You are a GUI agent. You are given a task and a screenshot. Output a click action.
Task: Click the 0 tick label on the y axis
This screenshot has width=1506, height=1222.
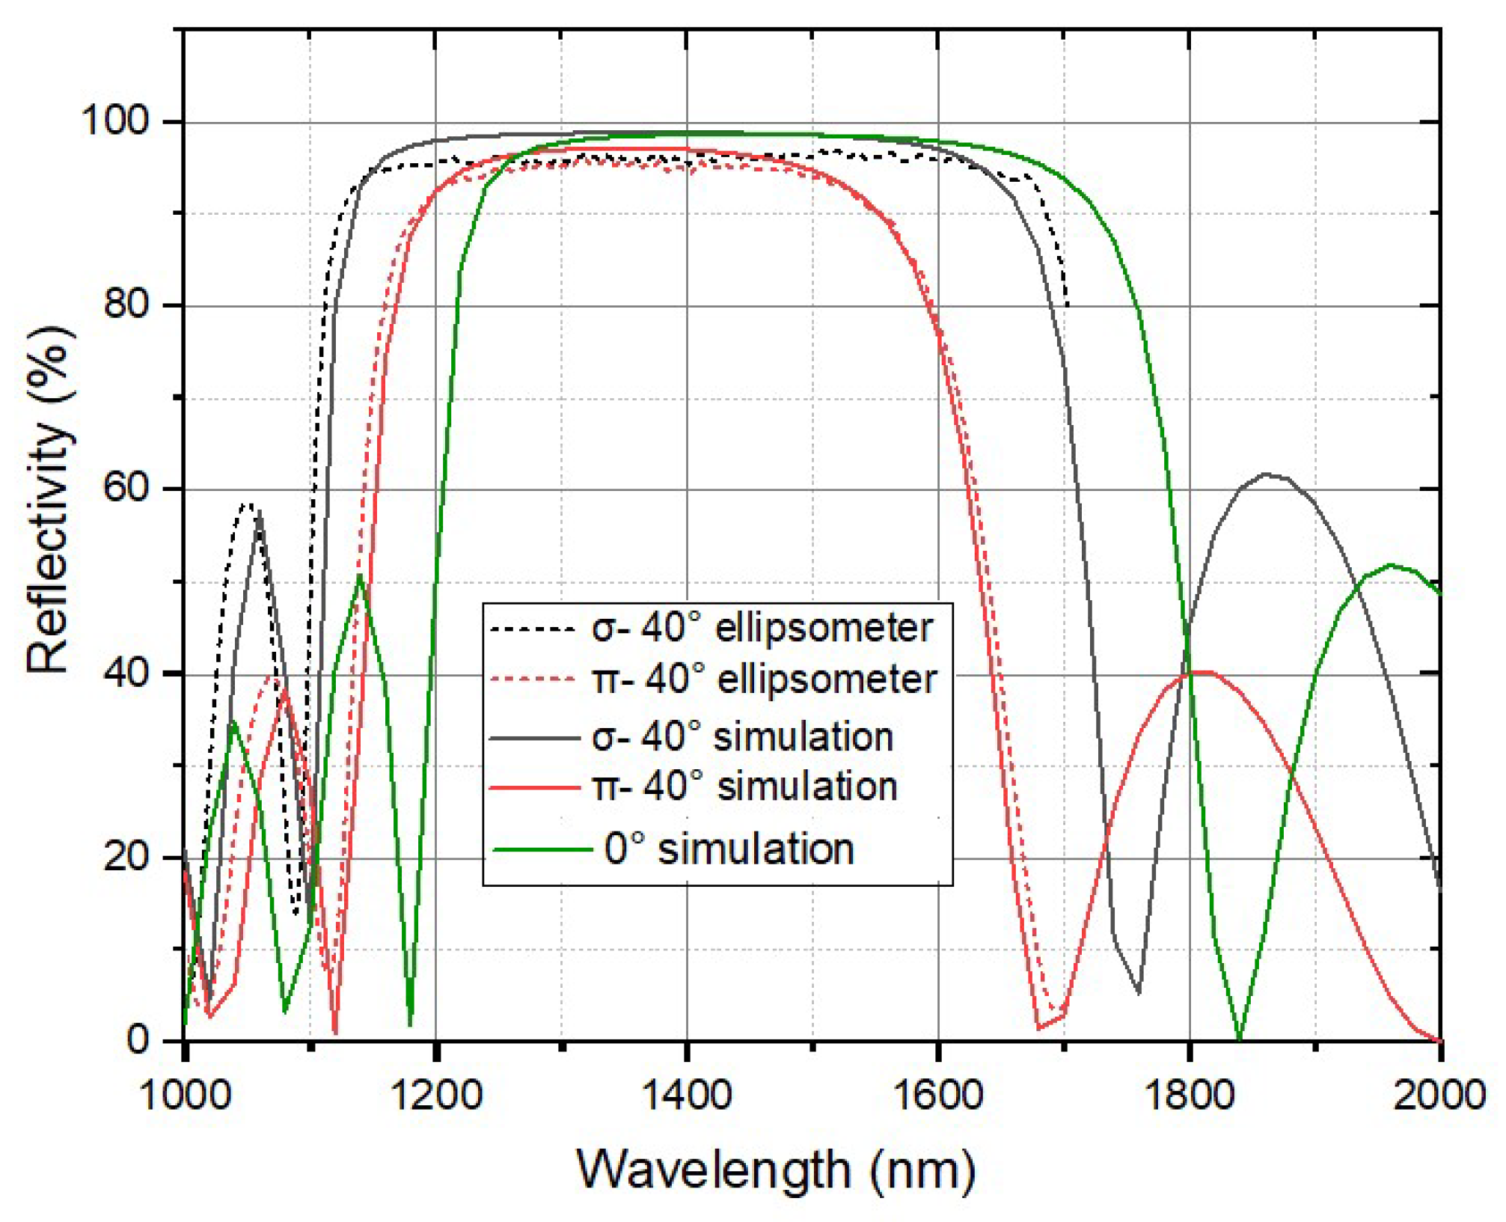[x=138, y=1039]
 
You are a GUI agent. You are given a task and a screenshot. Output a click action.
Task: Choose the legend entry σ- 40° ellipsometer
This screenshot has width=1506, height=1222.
[x=762, y=628]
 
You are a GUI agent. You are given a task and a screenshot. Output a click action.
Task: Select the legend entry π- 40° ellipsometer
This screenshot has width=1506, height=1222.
[x=764, y=679]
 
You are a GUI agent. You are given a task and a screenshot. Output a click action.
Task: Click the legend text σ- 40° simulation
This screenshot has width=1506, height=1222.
[x=742, y=736]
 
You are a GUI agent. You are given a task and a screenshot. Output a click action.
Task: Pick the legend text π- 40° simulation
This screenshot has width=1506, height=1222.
[x=744, y=786]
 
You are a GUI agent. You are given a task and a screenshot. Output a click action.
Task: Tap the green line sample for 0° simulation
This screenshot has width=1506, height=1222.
[x=542, y=849]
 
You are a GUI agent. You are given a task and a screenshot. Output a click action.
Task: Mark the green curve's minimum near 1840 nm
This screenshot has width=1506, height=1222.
[x=1240, y=1039]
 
